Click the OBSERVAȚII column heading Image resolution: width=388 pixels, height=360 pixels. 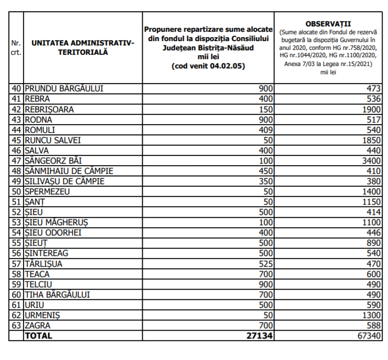(328, 24)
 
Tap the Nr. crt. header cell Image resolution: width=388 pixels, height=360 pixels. (16, 48)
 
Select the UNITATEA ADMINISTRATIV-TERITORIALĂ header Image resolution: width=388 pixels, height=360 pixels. (83, 47)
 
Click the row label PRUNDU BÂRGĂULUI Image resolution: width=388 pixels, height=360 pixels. (64, 89)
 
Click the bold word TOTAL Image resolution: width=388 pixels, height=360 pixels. (39, 336)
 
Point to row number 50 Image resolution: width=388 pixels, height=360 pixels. (17, 191)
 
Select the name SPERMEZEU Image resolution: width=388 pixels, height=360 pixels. (47, 191)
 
